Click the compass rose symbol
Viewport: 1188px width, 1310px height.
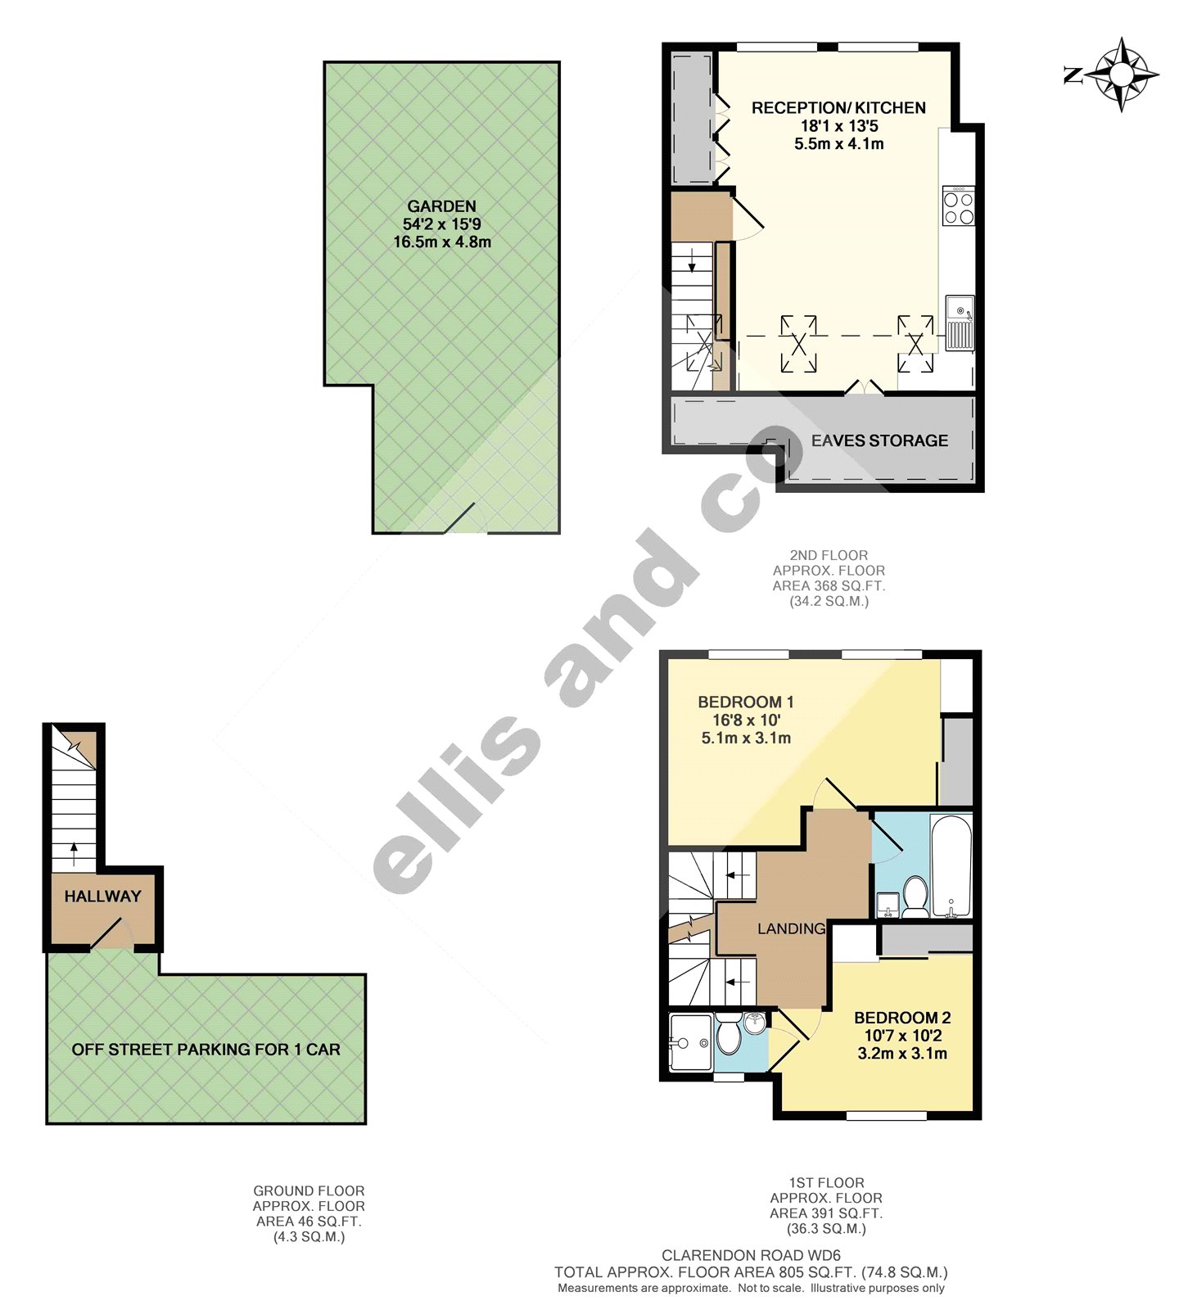1121,75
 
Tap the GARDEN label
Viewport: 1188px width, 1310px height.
441,206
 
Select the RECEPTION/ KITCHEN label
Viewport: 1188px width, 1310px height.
838,108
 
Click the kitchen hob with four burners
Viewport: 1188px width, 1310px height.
958,206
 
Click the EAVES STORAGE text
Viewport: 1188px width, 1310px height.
879,440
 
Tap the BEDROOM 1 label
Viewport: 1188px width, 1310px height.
745,702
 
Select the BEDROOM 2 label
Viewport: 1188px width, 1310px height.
902,1018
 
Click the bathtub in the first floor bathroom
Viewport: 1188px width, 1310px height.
951,866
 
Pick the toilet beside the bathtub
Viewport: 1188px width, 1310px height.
914,897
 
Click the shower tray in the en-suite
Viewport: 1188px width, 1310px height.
690,1042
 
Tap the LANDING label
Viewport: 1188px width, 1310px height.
791,928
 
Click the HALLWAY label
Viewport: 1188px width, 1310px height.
103,897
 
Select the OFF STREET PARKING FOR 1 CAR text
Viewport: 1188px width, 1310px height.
206,1050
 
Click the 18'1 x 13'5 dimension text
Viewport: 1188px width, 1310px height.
838,126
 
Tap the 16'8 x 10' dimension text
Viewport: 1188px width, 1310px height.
746,720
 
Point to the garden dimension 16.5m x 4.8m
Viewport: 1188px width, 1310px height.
442,242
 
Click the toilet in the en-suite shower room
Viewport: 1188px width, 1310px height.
728,1037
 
